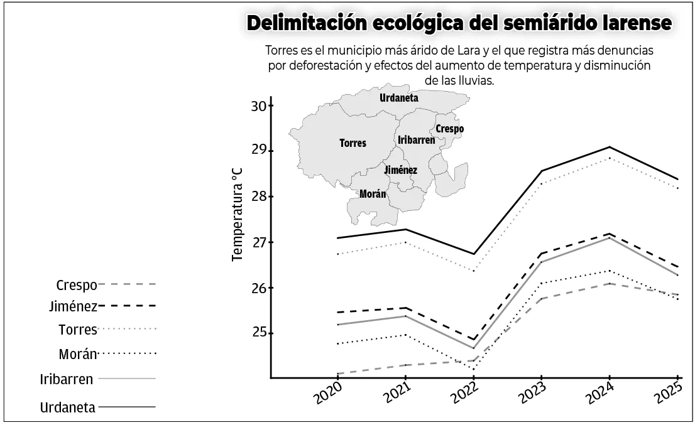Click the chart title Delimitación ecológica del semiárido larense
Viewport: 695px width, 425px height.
coord(459,23)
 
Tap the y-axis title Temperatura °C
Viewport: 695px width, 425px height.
coord(237,213)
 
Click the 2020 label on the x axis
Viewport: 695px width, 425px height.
coord(328,395)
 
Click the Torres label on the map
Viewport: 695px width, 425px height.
coord(353,143)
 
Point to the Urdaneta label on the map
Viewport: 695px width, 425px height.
coord(399,98)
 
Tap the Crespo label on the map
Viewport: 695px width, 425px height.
coord(449,129)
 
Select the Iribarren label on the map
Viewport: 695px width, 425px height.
coord(417,140)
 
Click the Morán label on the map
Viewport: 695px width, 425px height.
coord(373,194)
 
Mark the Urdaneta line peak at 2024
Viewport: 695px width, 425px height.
coord(609,147)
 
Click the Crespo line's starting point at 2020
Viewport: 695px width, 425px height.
coord(338,374)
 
